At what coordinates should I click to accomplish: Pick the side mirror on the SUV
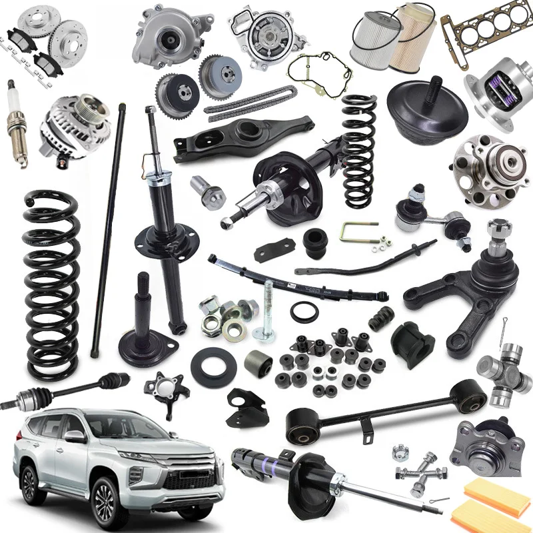(75, 436)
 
